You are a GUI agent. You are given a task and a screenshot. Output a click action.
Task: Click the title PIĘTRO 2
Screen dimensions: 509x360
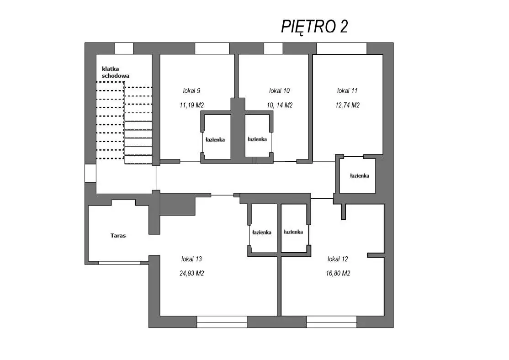(x=314, y=26)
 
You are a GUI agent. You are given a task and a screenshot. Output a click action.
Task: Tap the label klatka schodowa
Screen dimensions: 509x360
(x=116, y=72)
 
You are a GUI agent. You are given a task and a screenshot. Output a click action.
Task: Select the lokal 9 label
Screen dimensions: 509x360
(x=191, y=90)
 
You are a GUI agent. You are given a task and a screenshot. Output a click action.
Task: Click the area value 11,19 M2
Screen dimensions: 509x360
(x=191, y=105)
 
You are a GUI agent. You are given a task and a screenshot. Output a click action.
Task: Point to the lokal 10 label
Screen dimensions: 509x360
(x=279, y=90)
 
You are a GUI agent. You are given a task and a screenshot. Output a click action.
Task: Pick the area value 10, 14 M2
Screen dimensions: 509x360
(x=279, y=105)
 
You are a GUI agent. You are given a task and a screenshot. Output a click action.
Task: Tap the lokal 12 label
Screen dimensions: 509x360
(x=338, y=259)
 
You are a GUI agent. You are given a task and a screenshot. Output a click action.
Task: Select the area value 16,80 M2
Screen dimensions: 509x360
(x=338, y=273)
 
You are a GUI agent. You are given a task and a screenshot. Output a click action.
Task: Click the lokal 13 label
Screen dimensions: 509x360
(x=191, y=259)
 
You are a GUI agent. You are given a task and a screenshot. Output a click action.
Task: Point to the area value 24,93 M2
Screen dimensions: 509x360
(x=191, y=273)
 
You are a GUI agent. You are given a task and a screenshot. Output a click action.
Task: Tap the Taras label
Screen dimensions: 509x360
(x=118, y=236)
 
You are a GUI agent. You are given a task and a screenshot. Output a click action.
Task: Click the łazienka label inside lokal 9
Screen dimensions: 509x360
(x=215, y=140)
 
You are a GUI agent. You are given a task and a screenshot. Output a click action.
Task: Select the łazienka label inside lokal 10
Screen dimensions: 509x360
(x=257, y=139)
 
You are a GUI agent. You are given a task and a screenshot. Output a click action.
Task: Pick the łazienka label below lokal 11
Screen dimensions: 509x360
(x=359, y=175)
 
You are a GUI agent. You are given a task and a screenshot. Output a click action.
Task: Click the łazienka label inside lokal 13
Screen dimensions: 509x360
(x=262, y=232)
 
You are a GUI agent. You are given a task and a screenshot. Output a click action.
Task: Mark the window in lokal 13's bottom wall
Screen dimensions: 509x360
(x=222, y=322)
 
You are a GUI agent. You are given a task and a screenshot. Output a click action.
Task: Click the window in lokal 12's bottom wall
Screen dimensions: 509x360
(x=331, y=322)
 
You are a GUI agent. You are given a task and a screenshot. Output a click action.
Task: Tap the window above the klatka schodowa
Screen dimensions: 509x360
(x=124, y=48)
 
